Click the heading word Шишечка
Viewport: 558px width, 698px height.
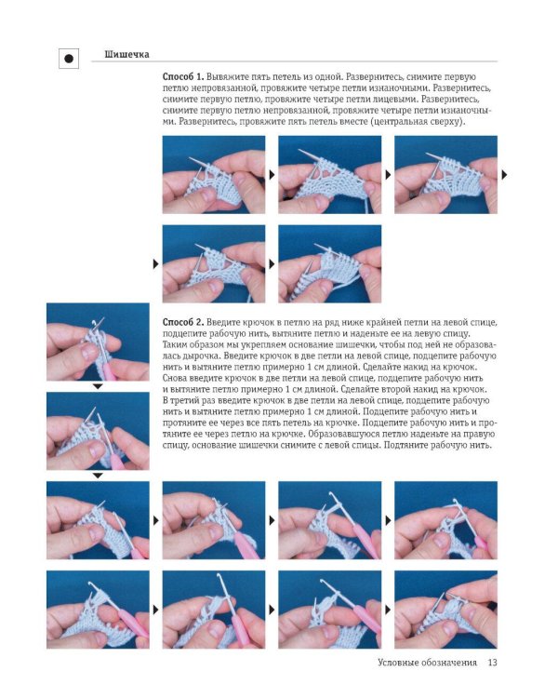[126, 54]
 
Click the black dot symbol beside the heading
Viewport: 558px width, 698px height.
[69, 59]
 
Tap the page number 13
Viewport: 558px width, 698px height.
[492, 663]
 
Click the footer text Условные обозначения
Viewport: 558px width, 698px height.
[427, 663]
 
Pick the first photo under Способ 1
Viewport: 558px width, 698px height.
[214, 175]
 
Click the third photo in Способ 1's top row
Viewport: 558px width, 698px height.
[445, 175]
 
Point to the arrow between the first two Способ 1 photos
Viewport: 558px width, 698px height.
[272, 175]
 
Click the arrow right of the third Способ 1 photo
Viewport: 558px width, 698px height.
[504, 175]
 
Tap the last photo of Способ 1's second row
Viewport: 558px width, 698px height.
[330, 263]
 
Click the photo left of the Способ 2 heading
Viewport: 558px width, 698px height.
[98, 342]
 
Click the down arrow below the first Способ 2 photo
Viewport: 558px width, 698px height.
[98, 387]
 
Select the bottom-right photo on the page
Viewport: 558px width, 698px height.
[445, 610]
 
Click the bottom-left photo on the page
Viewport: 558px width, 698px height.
[98, 610]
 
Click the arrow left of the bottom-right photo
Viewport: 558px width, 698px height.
[388, 610]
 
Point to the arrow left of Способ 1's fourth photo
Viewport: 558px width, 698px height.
[155, 264]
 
